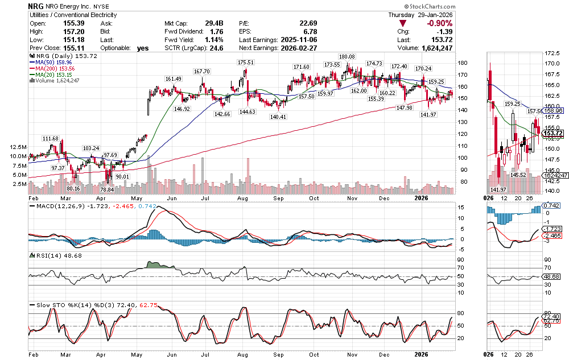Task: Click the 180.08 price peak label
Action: point(347,57)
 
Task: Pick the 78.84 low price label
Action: point(107,189)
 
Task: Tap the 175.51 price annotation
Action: point(246,63)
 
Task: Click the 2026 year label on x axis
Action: point(421,198)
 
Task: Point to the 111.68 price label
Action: point(50,139)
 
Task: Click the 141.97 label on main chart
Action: point(428,115)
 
